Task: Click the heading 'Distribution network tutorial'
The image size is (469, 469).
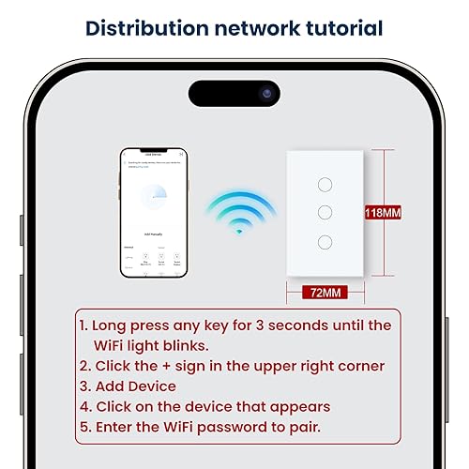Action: (x=234, y=27)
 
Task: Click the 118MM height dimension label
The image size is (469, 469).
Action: (x=382, y=213)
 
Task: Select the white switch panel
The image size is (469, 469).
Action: (x=325, y=213)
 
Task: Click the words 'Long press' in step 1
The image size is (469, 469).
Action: (x=131, y=325)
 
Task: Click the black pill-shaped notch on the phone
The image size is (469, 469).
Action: (x=234, y=94)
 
